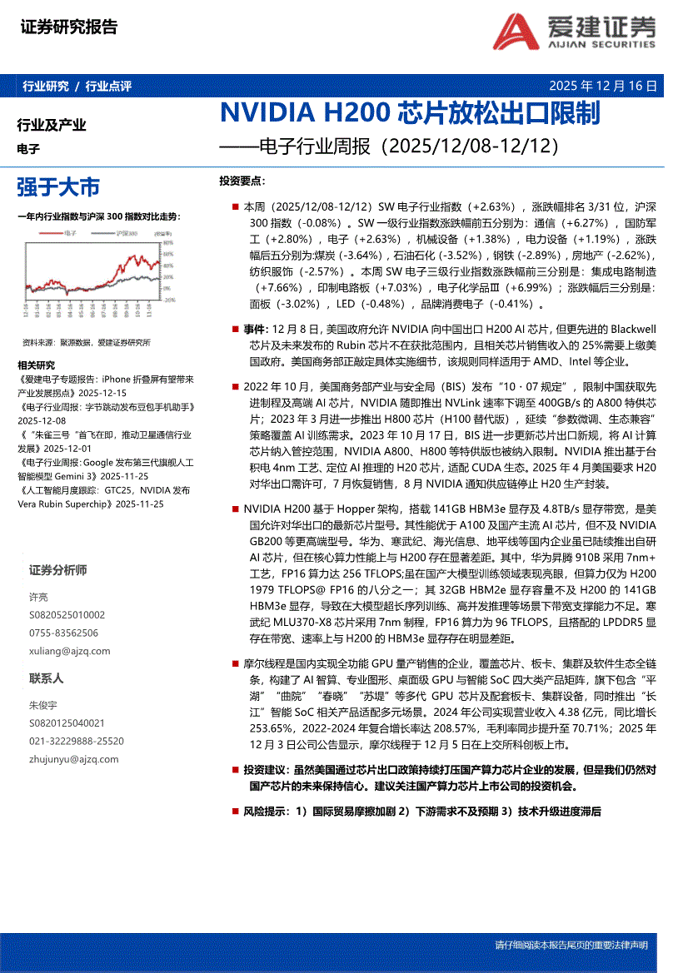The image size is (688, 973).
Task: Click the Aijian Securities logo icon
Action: point(516,33)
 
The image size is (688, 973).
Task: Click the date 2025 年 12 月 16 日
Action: point(603,86)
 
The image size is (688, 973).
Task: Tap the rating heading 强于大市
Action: point(58,186)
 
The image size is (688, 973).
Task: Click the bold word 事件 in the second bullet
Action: point(254,329)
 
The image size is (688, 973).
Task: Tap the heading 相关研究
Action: point(36,365)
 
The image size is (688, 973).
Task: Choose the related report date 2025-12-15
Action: point(99,391)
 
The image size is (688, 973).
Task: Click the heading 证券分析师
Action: point(57,570)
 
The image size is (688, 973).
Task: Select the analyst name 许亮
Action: point(38,597)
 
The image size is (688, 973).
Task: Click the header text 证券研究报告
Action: point(68,27)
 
